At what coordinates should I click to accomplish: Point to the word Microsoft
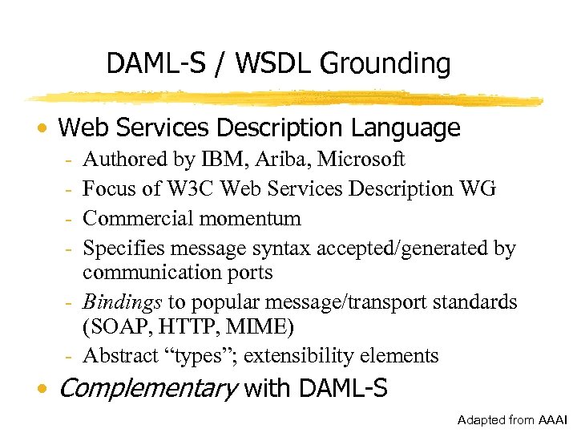click(361, 160)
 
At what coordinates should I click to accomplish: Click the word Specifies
click(120, 249)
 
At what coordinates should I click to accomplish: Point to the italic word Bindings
click(123, 302)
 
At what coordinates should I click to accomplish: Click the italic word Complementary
click(148, 390)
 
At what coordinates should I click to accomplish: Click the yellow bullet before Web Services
click(46, 129)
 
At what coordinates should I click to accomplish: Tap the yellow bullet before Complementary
click(46, 391)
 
